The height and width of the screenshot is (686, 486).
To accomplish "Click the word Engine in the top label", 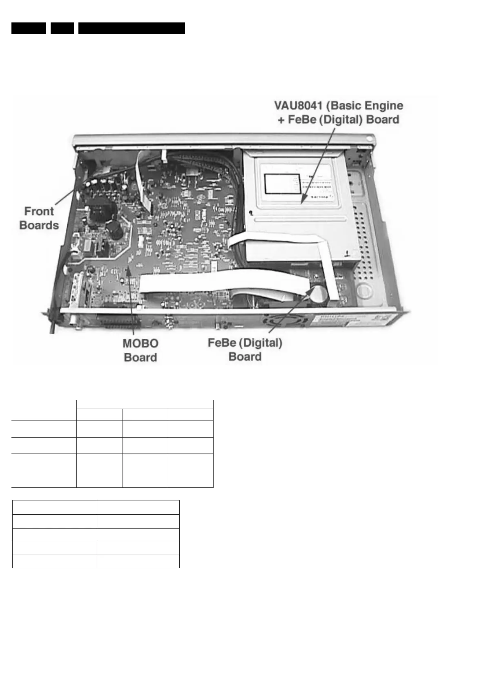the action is click(384, 106).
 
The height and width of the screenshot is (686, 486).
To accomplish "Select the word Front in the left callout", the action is click(39, 211).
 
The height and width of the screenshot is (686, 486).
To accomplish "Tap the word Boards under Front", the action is click(39, 225).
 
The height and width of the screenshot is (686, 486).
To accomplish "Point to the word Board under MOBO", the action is click(140, 357).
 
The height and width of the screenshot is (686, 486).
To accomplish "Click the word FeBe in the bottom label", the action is click(222, 343).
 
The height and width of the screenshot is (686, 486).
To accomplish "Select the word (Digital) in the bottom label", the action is click(261, 343).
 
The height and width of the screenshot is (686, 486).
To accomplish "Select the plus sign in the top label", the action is click(281, 120).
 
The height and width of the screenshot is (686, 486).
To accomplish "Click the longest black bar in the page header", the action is click(132, 28).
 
